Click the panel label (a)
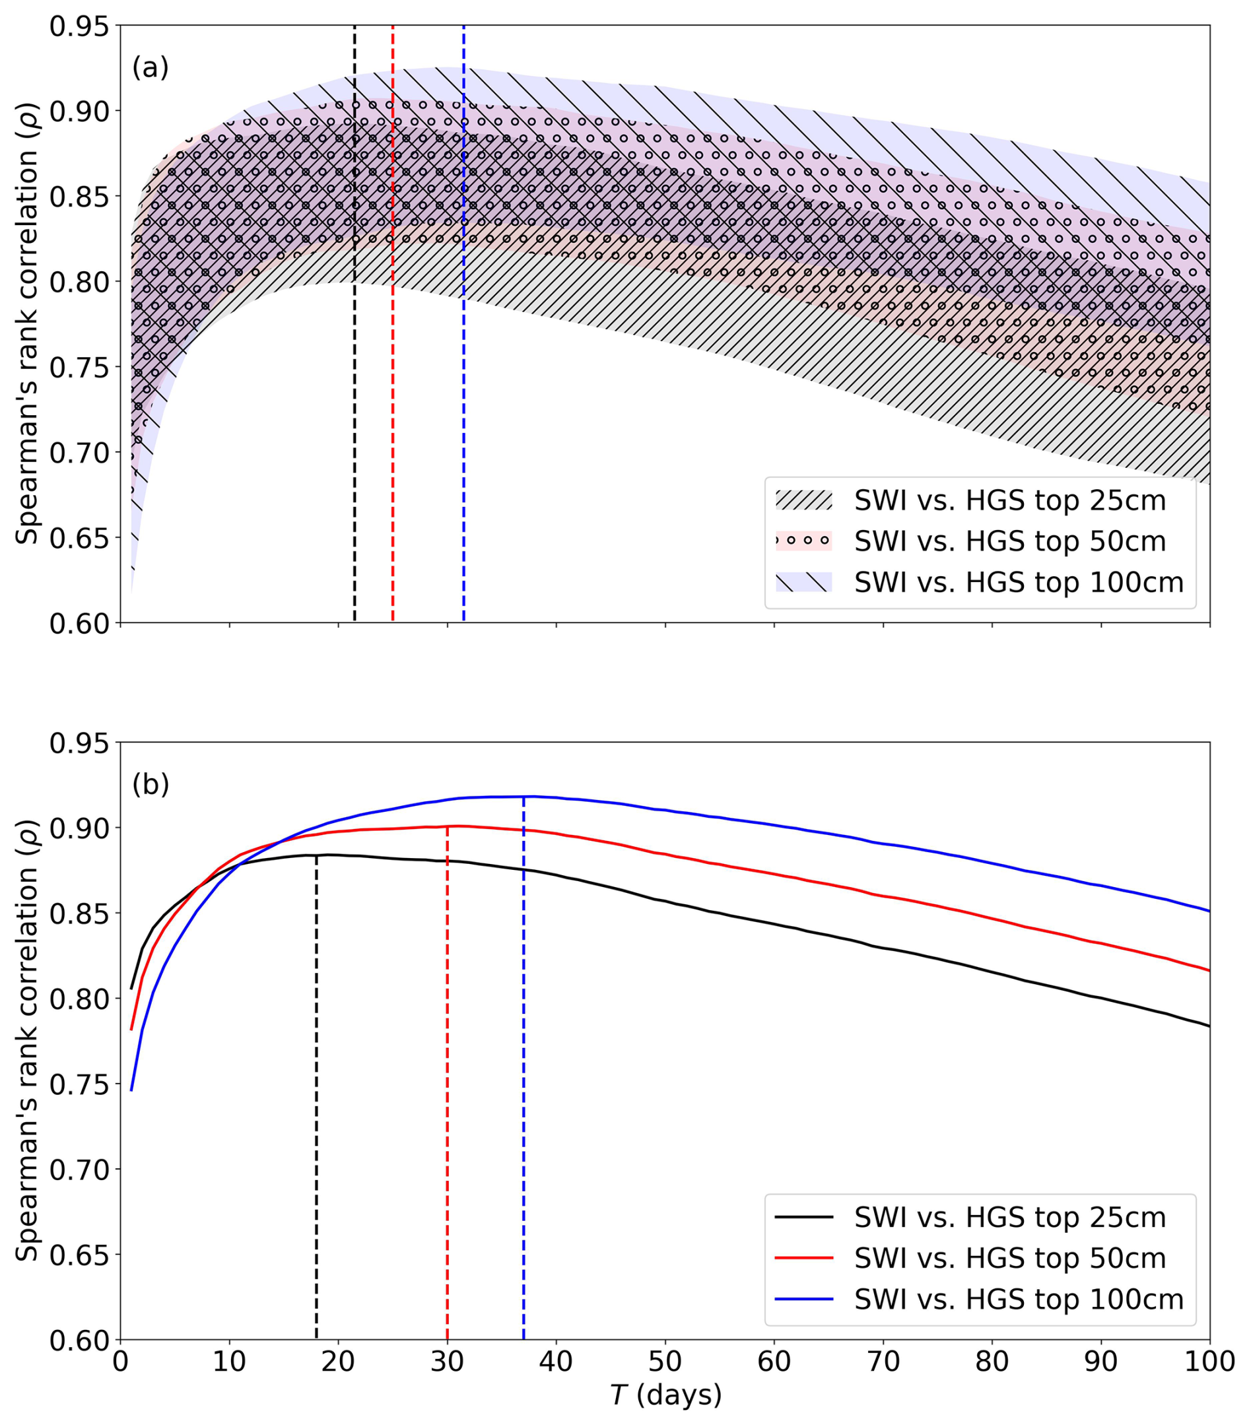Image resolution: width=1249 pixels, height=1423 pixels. [151, 67]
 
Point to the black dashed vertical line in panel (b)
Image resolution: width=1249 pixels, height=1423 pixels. [316, 1114]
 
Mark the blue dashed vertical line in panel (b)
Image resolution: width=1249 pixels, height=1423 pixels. [523, 1114]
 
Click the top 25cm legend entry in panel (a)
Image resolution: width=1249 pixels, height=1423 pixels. [1009, 500]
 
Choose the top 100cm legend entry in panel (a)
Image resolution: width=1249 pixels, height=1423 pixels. [1019, 582]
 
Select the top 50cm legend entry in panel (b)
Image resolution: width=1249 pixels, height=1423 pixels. [1009, 1258]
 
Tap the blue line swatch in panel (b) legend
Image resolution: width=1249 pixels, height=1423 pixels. [803, 1299]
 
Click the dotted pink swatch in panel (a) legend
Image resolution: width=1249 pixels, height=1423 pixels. [803, 541]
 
